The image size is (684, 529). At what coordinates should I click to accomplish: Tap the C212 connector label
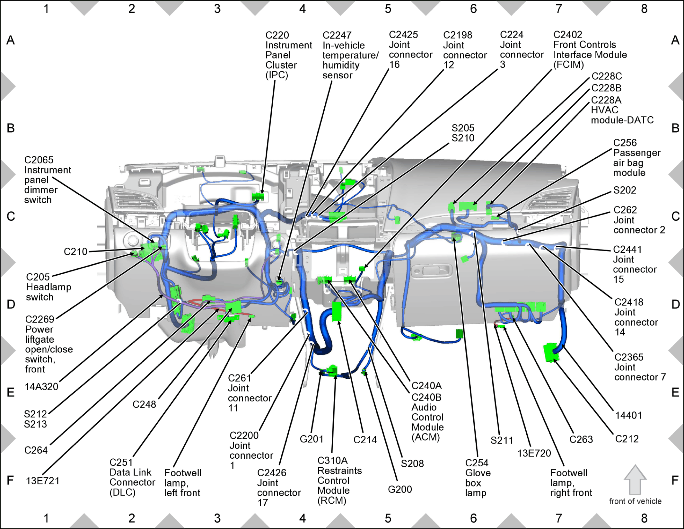[627, 439]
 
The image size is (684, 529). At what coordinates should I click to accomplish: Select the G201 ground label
[311, 439]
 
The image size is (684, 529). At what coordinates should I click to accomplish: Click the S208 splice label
[412, 463]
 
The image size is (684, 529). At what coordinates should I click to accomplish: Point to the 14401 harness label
[628, 415]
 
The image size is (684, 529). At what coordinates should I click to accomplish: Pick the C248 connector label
[145, 404]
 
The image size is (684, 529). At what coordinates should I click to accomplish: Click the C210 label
[75, 251]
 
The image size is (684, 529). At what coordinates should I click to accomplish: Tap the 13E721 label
[43, 481]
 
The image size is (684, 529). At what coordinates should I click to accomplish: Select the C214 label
[365, 440]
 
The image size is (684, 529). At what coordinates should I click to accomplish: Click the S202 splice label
[625, 190]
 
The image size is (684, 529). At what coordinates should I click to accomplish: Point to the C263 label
[581, 439]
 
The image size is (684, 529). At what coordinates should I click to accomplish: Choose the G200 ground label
[400, 489]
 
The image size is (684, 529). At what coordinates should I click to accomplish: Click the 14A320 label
[41, 387]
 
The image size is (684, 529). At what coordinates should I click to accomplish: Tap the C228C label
[607, 76]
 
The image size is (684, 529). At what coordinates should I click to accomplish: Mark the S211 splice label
[502, 440]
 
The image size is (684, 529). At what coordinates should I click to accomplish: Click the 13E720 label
[534, 453]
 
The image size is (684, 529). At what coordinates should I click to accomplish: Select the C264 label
[36, 450]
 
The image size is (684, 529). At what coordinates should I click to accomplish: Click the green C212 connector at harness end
[551, 353]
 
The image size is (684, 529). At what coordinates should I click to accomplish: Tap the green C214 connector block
[337, 311]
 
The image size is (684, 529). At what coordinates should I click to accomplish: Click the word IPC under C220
[277, 75]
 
